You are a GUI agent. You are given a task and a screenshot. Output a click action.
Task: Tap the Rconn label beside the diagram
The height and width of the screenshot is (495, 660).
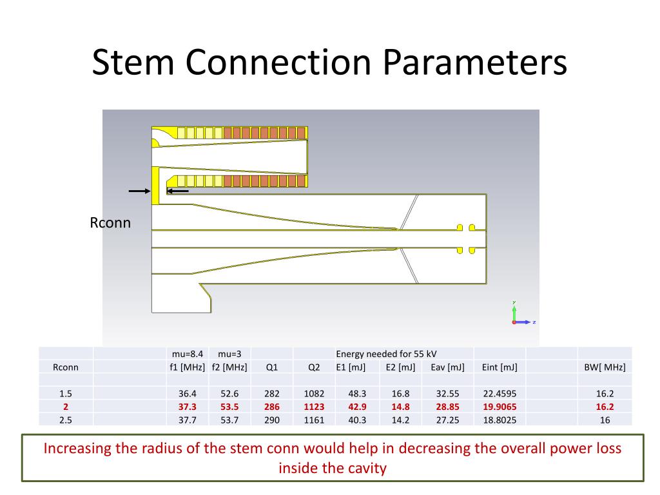[110, 223]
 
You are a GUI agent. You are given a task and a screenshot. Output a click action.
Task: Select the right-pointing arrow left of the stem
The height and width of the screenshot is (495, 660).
[139, 191]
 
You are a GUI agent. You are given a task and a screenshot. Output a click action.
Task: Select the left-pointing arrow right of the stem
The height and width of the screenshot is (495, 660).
[178, 191]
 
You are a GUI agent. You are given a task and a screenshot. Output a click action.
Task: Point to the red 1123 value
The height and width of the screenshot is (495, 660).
[314, 407]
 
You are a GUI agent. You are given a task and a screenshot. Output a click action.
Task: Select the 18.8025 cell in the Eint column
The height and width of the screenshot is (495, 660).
[499, 419]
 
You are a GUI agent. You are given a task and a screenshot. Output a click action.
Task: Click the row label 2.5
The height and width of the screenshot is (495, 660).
[65, 419]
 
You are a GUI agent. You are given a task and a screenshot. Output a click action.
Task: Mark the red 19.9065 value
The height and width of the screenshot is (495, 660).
[499, 407]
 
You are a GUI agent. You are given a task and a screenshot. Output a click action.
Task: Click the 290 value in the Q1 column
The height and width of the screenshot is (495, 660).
[271, 419]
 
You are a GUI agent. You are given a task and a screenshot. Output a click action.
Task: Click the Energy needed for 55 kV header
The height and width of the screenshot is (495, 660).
[382, 354]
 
